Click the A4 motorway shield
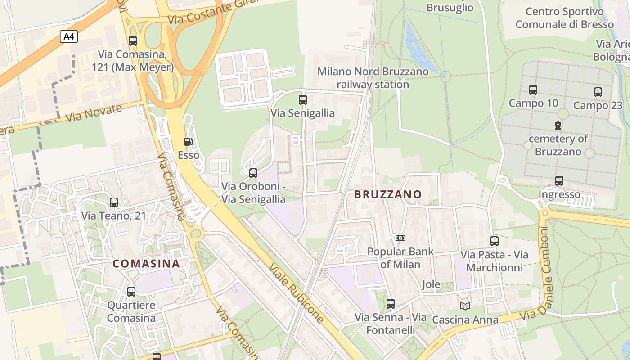pos(69,36)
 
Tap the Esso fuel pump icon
pos(188,142)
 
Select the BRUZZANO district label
pos(388,194)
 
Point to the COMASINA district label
pos(146,264)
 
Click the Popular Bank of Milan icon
pos(400,238)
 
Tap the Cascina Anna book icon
pos(465,306)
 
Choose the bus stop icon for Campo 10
pos(533,90)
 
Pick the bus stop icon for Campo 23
pos(598,92)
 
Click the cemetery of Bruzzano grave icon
pos(558,125)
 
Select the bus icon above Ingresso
pos(559,181)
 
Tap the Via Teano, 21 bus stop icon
pos(114,202)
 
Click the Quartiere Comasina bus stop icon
pos(131,292)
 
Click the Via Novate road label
pos(94,114)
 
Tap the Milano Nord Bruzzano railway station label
pos(373,78)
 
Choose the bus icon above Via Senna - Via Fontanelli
pos(391,304)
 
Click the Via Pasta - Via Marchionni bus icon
pos(495,241)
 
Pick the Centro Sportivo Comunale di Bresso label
pos(564,18)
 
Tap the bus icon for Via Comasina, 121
pos(133,41)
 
